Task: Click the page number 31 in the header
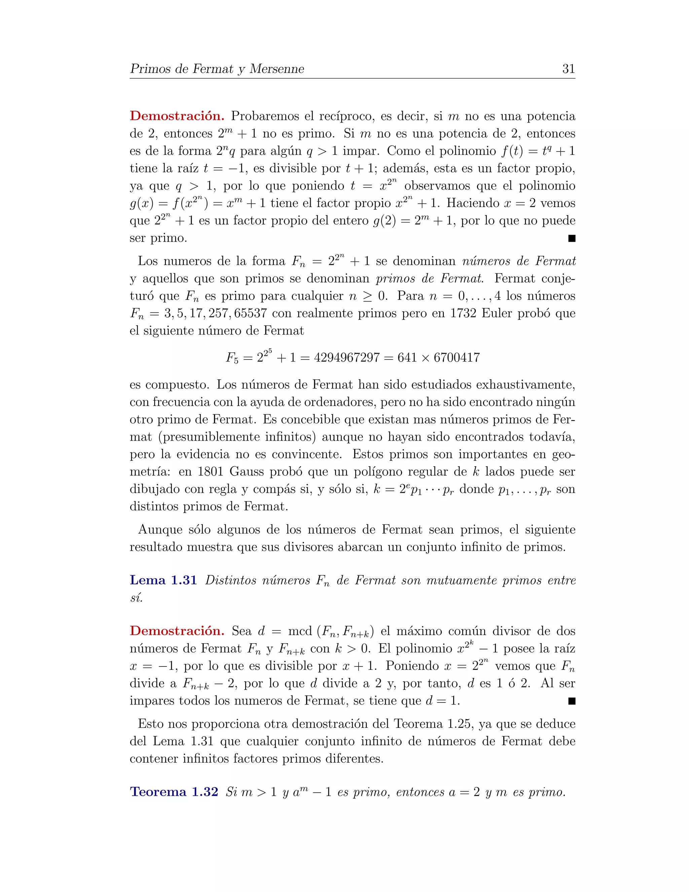pyautogui.click(x=568, y=69)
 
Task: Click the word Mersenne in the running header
pyautogui.click(x=277, y=69)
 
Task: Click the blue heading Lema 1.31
pyautogui.click(x=163, y=580)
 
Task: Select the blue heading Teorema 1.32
pyautogui.click(x=174, y=792)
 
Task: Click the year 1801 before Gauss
pyautogui.click(x=211, y=472)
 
